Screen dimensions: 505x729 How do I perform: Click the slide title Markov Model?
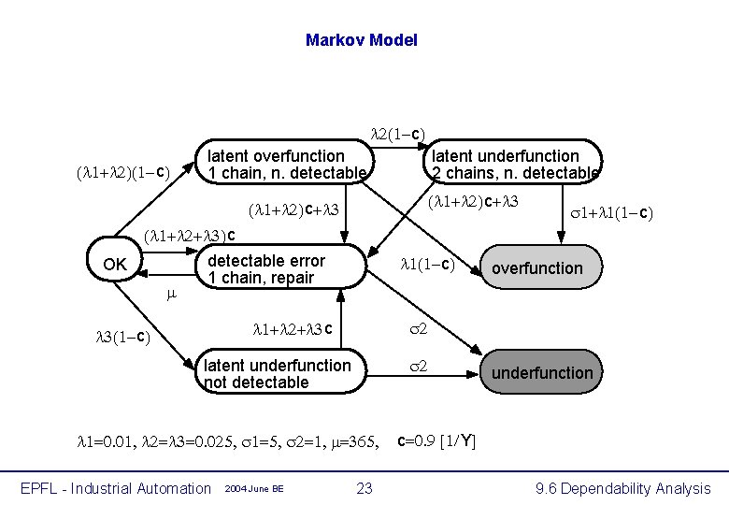(x=361, y=40)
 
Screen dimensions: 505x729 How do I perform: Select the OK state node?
(x=115, y=265)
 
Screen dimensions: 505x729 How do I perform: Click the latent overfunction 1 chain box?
(x=286, y=165)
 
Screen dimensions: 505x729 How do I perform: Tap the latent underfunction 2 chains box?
(x=514, y=165)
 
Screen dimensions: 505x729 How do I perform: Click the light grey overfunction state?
(x=536, y=268)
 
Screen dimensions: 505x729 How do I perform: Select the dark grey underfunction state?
(x=542, y=373)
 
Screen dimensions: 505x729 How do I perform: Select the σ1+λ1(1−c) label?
(x=610, y=214)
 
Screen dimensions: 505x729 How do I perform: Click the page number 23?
(x=364, y=487)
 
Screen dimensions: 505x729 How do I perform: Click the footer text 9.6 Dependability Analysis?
(x=622, y=488)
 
